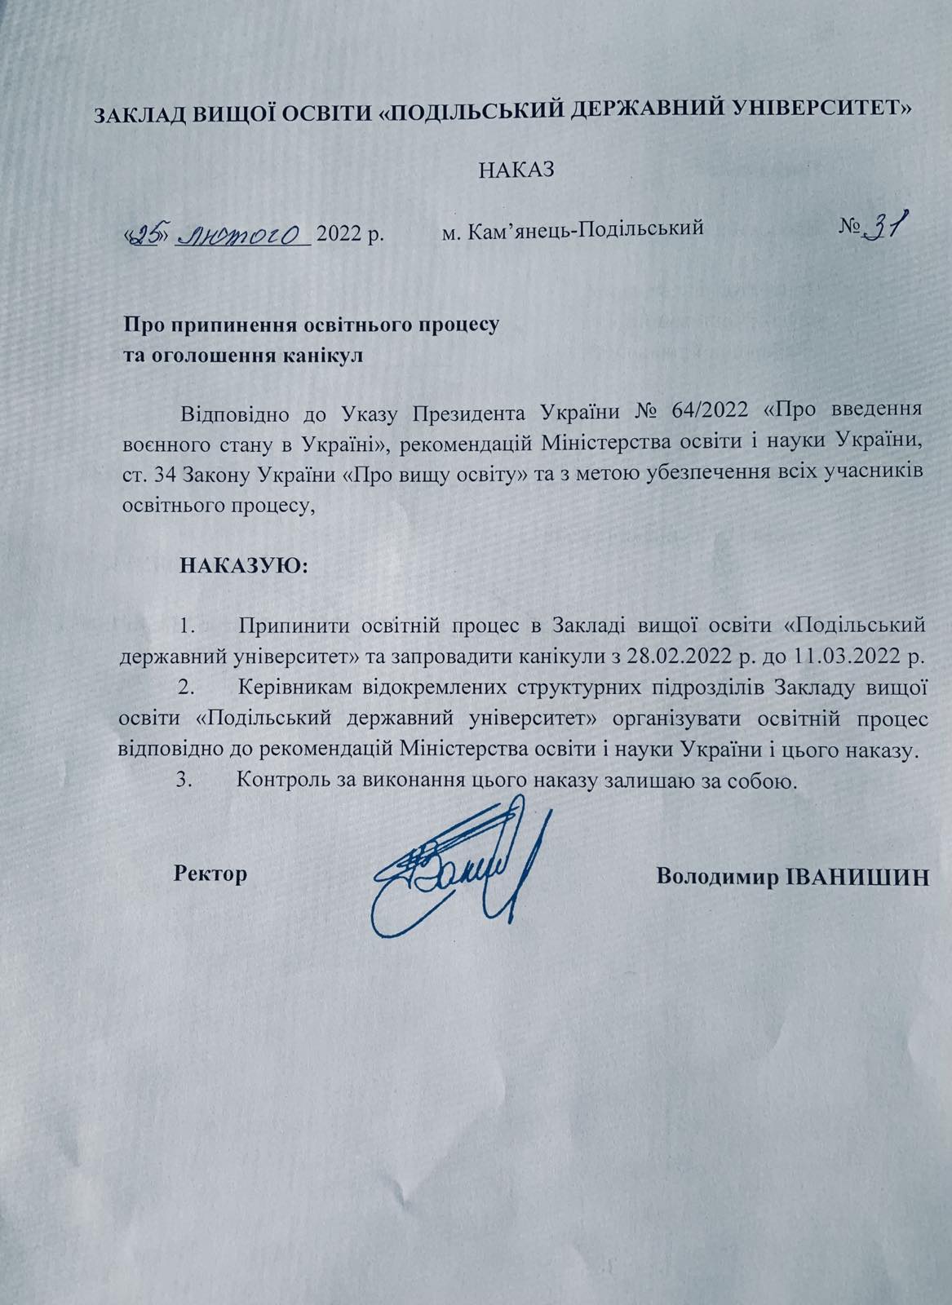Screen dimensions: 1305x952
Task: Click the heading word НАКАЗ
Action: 516,170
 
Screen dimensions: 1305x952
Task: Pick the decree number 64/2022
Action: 707,409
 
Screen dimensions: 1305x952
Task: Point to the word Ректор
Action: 210,875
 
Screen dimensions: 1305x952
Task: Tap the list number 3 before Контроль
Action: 184,780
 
